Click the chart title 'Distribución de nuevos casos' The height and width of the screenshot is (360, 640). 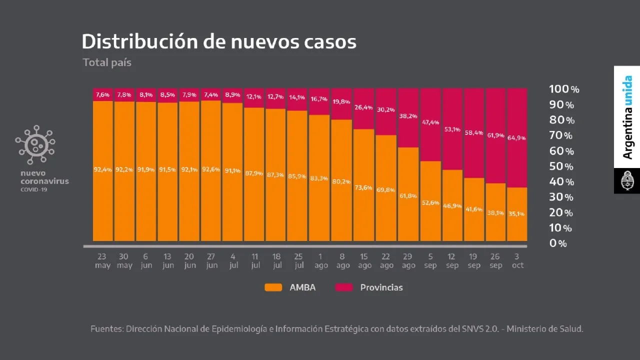pyautogui.click(x=219, y=42)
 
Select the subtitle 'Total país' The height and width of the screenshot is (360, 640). pyautogui.click(x=107, y=62)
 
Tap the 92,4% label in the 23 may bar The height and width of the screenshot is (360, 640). pyautogui.click(x=102, y=169)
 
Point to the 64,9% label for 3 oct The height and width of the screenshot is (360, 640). pyautogui.click(x=517, y=137)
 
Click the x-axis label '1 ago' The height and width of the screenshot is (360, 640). pyautogui.click(x=321, y=261)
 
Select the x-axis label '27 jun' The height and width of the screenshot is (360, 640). pyautogui.click(x=212, y=261)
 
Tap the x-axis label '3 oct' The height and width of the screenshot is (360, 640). pyautogui.click(x=517, y=261)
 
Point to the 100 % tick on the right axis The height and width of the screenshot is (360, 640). pyautogui.click(x=564, y=89)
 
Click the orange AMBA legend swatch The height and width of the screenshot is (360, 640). pyautogui.click(x=273, y=287)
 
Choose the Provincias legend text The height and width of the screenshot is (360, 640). pyautogui.click(x=381, y=287)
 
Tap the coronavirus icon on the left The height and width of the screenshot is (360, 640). pyautogui.click(x=35, y=144)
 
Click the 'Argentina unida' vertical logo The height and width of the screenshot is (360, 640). pyautogui.click(x=627, y=117)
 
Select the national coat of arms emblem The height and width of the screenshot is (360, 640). pyautogui.click(x=627, y=181)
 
